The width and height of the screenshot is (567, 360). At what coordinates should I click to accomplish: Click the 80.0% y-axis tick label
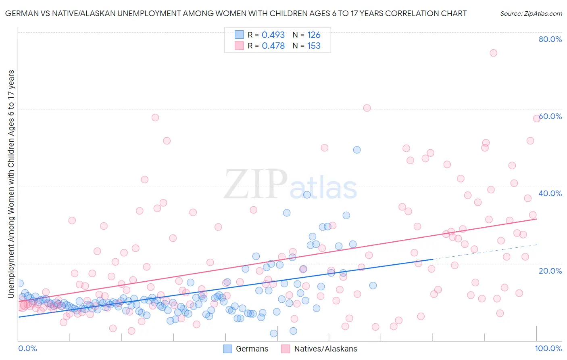pyautogui.click(x=550, y=39)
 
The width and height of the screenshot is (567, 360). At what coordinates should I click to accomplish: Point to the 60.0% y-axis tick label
pyautogui.click(x=550, y=116)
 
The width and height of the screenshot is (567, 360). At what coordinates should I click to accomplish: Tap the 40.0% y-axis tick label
pyautogui.click(x=550, y=193)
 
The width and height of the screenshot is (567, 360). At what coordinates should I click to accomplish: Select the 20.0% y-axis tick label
pyautogui.click(x=550, y=271)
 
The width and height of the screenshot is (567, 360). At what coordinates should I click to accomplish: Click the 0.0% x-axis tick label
pyautogui.click(x=27, y=348)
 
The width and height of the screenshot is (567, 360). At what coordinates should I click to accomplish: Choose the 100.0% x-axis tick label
pyautogui.click(x=548, y=348)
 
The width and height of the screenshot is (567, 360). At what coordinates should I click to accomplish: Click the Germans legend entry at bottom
pyautogui.click(x=246, y=349)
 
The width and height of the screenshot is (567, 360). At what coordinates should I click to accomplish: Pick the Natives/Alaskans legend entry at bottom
pyautogui.click(x=319, y=349)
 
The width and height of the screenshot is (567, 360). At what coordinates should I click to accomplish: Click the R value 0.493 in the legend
pyautogui.click(x=273, y=35)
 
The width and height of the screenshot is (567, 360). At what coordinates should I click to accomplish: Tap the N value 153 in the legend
pyautogui.click(x=314, y=46)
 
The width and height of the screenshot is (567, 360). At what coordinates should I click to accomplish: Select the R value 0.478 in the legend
pyautogui.click(x=273, y=46)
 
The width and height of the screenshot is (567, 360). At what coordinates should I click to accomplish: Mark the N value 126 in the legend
pyautogui.click(x=314, y=35)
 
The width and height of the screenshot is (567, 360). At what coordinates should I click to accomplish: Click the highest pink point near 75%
pyautogui.click(x=493, y=53)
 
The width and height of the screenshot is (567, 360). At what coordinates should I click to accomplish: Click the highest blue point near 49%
pyautogui.click(x=356, y=150)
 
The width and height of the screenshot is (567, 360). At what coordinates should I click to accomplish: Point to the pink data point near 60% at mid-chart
pyautogui.click(x=367, y=108)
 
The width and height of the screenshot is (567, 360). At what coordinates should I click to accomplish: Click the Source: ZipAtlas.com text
pyautogui.click(x=531, y=13)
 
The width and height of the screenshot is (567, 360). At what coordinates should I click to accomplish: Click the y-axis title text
pyautogui.click(x=11, y=184)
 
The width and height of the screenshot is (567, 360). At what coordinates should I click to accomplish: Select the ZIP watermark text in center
pyautogui.click(x=255, y=184)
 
